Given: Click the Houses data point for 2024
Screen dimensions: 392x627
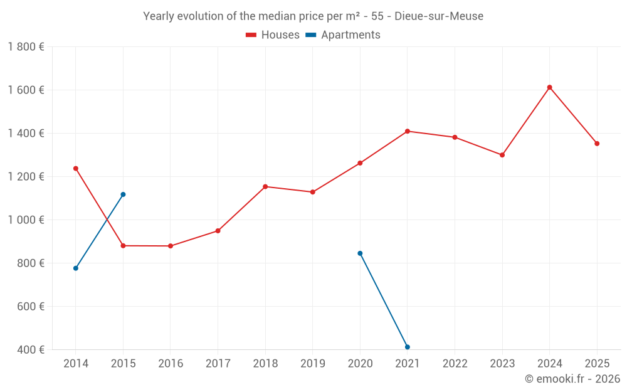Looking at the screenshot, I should coord(550,87).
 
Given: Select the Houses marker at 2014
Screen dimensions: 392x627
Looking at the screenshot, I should coord(76,168).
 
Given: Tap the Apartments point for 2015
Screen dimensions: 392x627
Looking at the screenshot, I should coord(123,194).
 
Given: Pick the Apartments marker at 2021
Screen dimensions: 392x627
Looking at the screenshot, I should coord(408,347).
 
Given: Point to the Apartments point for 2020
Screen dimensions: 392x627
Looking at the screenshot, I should coord(360,253).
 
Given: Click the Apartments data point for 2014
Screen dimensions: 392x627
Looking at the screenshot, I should coord(76,268).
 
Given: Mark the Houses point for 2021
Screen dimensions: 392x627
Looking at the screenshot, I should coord(408,131).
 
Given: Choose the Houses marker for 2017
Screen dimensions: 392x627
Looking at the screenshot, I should coord(218,231).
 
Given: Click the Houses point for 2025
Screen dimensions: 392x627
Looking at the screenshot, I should coord(597,144).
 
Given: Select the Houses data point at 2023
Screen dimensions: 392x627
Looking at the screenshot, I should coord(502,155).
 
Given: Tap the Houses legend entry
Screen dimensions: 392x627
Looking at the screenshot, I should coord(273,35).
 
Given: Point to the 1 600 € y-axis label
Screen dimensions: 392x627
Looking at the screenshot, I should coord(26,90).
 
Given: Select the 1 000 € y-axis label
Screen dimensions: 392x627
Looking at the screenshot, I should coord(26,220).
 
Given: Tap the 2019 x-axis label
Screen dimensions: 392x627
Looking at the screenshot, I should coord(312,364).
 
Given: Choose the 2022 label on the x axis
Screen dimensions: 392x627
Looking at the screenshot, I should coord(455,364).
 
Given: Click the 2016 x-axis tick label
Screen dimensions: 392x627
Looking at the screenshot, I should coord(171,364).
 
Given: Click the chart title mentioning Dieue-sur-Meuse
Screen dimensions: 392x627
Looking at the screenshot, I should coord(313,16).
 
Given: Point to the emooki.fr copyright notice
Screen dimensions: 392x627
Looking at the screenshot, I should coord(572,379).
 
